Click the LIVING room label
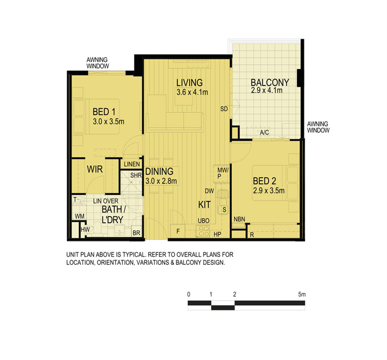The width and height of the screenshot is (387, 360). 190,83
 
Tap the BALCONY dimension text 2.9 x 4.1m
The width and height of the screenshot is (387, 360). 266,91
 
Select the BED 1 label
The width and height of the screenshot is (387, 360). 104,112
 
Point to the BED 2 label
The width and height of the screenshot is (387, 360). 264,181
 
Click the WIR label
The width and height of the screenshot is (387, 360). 95,169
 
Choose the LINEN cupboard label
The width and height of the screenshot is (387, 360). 132,164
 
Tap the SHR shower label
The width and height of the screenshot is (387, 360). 136,175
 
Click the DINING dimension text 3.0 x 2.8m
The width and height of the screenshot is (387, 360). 161,181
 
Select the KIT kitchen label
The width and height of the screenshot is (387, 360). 204,204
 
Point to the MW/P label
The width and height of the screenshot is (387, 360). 223,173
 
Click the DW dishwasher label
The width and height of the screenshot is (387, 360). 209,191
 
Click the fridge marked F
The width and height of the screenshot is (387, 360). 178,231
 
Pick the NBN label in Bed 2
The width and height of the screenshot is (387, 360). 239,219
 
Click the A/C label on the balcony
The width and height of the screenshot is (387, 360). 264,132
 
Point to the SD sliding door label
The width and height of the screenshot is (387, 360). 224,109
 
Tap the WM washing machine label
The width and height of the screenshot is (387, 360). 80,216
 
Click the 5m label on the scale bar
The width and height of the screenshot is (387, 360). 302,294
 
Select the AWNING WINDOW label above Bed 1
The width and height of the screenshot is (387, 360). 97,63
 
